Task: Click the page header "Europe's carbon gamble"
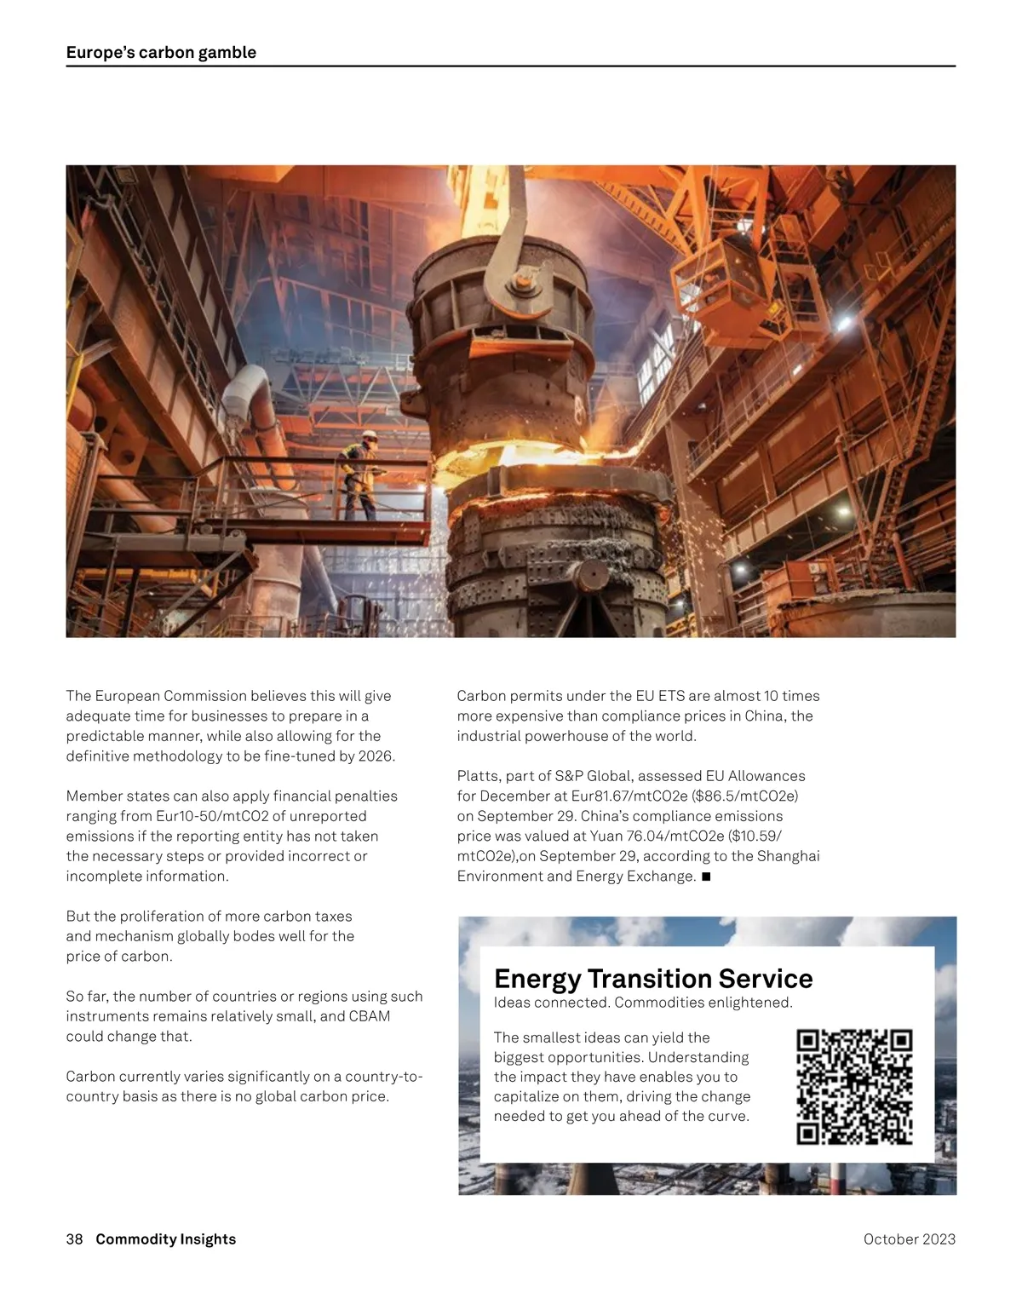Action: tap(161, 53)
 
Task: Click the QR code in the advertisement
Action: tap(854, 1087)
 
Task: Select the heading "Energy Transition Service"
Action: tap(653, 978)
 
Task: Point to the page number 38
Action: tap(74, 1239)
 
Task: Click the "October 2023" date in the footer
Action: tap(909, 1239)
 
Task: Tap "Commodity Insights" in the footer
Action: tap(165, 1239)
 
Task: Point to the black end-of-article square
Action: tap(706, 876)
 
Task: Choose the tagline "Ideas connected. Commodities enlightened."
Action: tap(643, 1003)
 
